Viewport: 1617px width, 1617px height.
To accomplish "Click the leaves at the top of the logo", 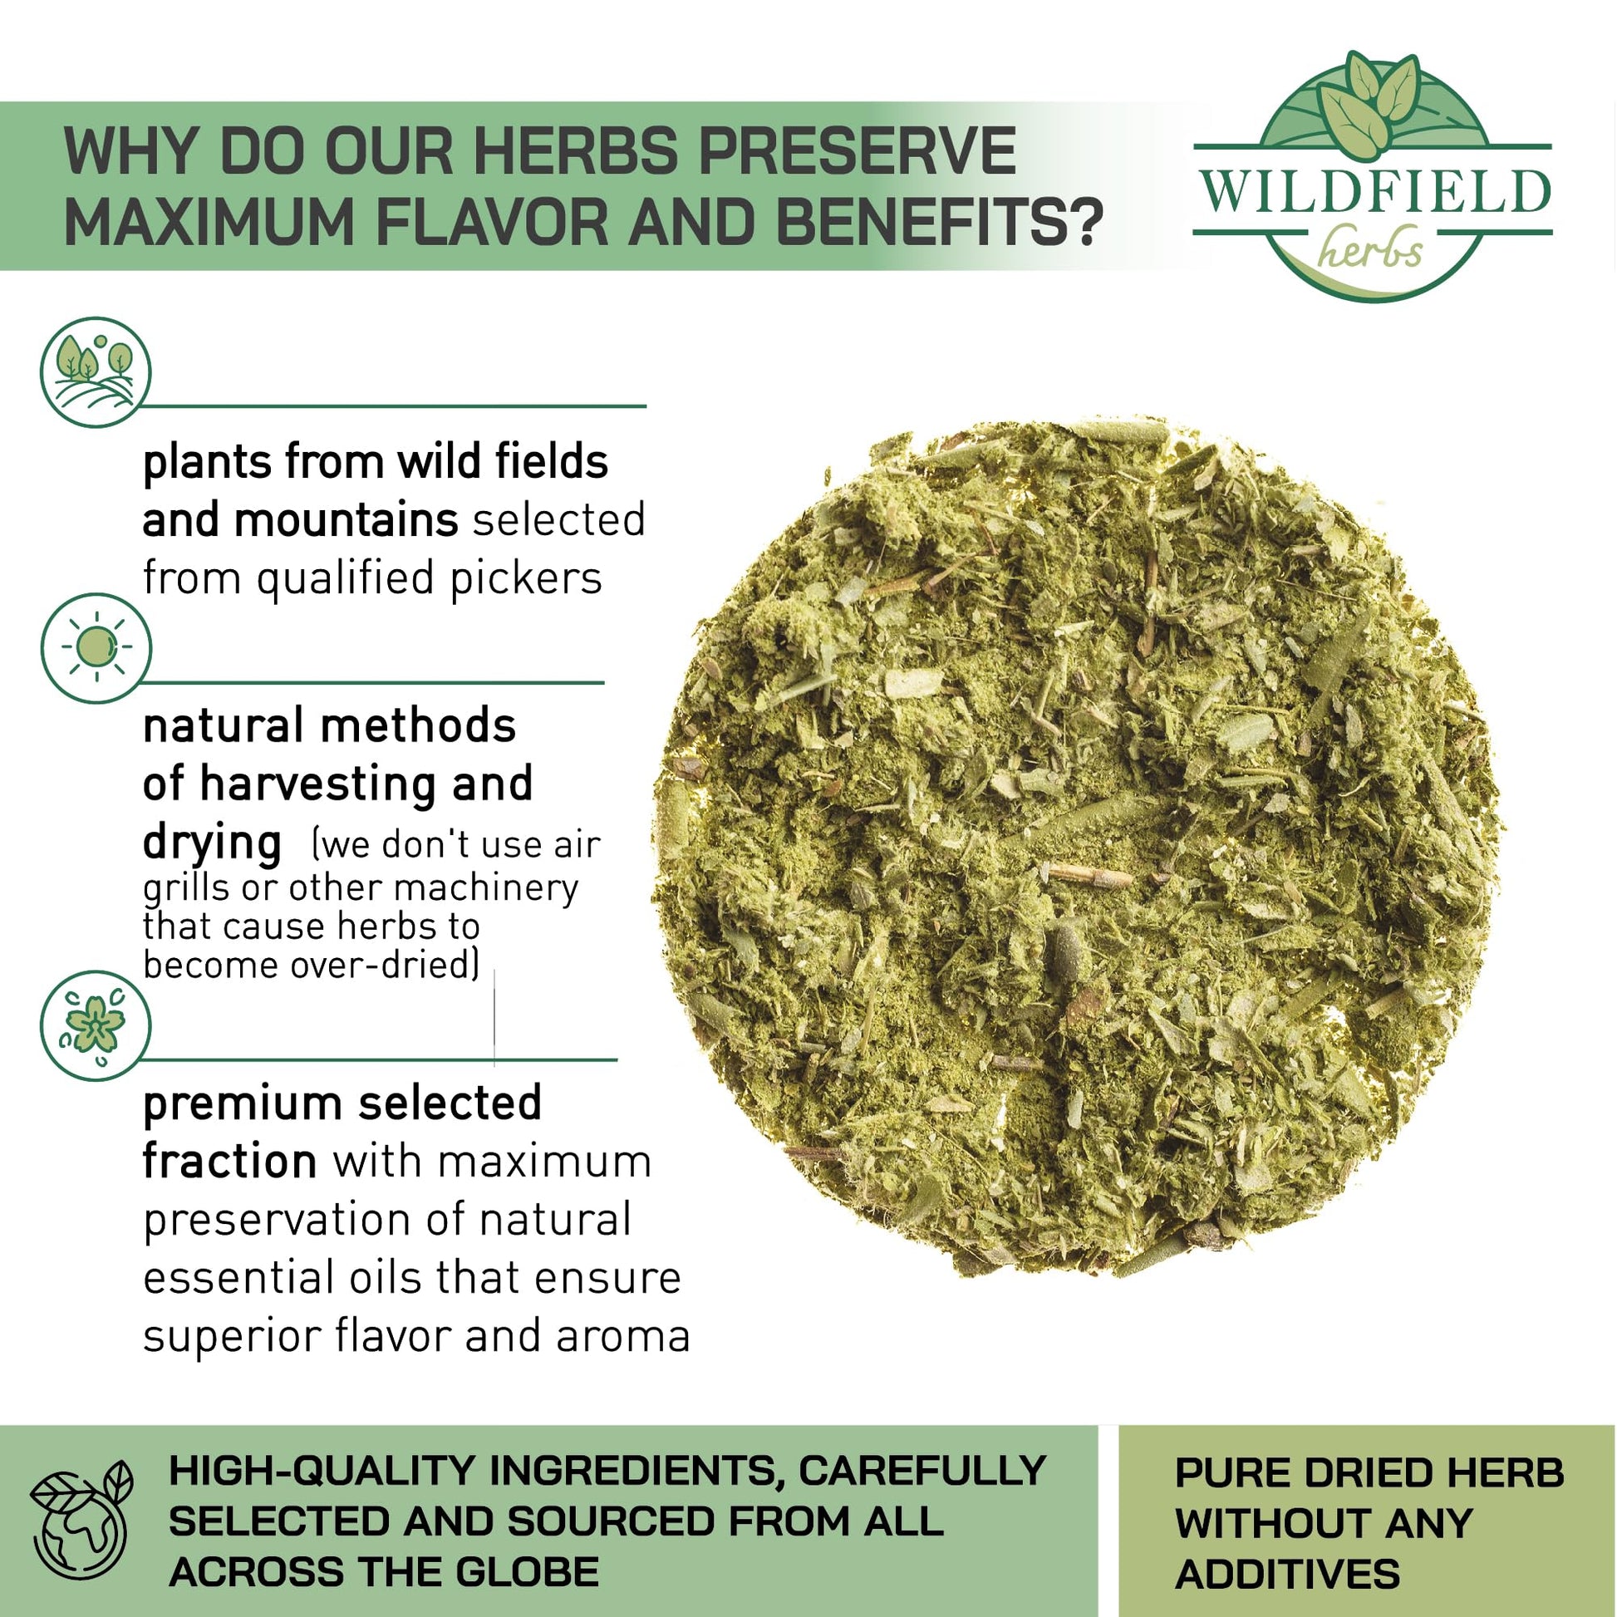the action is click(1371, 104).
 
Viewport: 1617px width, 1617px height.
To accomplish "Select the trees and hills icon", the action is click(96, 371).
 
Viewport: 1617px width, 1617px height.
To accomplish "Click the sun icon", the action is click(96, 648).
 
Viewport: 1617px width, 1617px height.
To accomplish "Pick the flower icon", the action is click(96, 1026).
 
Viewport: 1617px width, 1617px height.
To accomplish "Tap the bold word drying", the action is click(212, 843).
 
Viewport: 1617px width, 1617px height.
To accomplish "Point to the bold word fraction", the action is click(229, 1162).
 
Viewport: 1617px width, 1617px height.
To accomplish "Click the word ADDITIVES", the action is click(1287, 1575).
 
